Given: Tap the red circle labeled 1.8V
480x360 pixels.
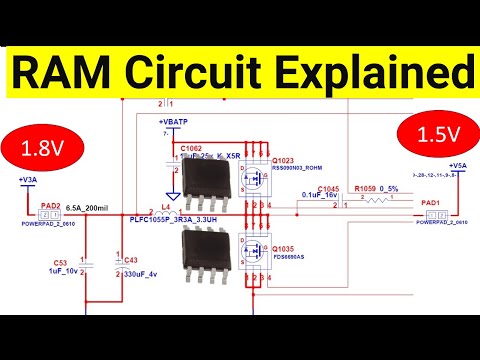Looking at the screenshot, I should click(43, 148).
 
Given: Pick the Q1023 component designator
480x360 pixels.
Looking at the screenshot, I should click(283, 160).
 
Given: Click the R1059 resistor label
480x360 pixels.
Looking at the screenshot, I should click(379, 190).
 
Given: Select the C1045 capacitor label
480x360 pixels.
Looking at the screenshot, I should click(330, 189).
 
